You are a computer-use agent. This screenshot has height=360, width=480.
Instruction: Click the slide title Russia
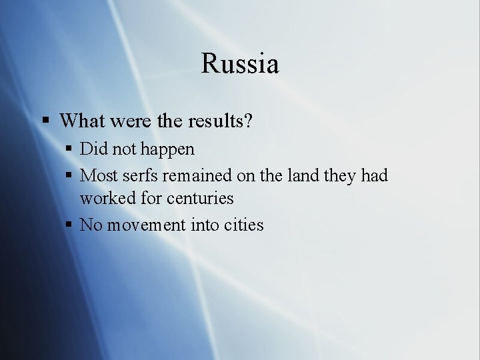240,64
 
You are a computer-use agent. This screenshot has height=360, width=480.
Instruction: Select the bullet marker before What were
45,121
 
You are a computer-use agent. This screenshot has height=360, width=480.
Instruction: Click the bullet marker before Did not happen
69,149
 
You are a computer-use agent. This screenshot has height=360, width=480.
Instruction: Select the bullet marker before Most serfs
69,176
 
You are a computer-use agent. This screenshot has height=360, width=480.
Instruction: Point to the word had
373,175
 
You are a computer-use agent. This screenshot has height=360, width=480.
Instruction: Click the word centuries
200,198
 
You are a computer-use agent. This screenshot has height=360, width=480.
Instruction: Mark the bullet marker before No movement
69,225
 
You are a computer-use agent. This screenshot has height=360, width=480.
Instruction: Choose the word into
206,225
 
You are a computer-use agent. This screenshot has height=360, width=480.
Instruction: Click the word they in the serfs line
339,175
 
